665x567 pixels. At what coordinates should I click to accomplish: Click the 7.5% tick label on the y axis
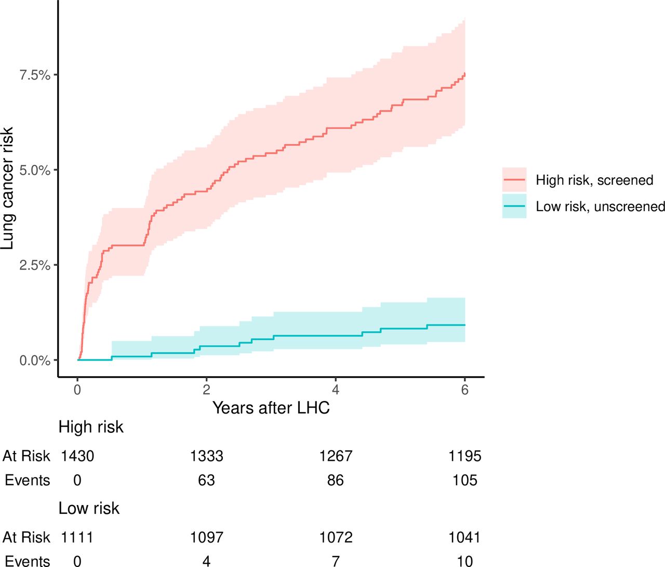pos(35,75)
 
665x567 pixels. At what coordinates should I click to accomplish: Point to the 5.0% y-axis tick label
pos(35,170)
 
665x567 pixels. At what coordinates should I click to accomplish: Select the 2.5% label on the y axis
pos(35,265)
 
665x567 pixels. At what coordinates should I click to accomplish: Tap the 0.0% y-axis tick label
pos(35,360)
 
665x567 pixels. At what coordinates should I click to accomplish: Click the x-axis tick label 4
pos(336,390)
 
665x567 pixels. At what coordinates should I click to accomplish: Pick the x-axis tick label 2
pos(206,390)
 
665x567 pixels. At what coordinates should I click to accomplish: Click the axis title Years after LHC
pos(271,408)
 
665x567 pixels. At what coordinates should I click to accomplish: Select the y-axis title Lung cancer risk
pos(7,188)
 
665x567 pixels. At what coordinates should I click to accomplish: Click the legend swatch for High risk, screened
pos(514,180)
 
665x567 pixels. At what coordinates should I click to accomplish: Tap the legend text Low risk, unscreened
pos(600,207)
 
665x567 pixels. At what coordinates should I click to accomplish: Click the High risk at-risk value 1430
pos(77,456)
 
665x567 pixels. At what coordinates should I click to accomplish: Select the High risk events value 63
pos(206,480)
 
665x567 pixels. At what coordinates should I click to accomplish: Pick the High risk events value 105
pos(464,480)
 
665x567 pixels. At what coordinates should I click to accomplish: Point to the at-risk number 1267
pos(336,456)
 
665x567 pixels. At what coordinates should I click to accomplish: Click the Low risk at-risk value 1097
pos(206,537)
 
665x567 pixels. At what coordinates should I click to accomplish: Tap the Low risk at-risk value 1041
pos(464,537)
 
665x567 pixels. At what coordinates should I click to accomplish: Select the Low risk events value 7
pos(336,561)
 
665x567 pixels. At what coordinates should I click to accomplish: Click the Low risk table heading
pos(89,508)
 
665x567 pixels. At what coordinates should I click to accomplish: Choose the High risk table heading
pos(91,427)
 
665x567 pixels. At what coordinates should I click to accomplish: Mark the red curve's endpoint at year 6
pos(464,74)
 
